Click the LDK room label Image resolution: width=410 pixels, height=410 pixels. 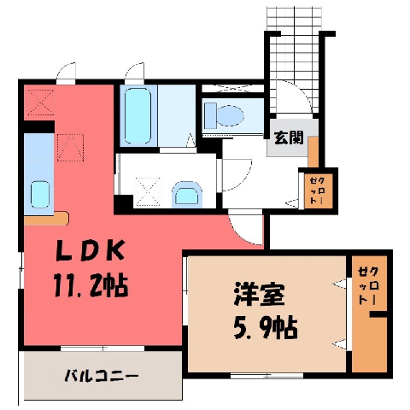pos(91,250)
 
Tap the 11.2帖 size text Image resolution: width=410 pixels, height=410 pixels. pos(91,285)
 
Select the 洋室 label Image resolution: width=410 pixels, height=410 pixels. pos(259,294)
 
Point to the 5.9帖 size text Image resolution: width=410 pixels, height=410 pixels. pos(266,328)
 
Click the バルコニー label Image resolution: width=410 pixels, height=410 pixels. pos(102,377)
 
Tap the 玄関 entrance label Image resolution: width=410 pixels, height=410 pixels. pos(289,138)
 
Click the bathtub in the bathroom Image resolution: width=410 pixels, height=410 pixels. pos(138,115)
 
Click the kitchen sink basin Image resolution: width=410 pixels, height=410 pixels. pos(40,195)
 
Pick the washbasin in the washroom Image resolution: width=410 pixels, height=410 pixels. pos(187,194)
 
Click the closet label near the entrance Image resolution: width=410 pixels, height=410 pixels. pos(318,190)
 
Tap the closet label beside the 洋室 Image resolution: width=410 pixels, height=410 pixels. pos(369,285)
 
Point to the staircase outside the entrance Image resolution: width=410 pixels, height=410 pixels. pos(294,60)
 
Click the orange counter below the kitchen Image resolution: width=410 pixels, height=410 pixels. pos(46,219)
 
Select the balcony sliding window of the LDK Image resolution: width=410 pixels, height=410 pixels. pos(102,348)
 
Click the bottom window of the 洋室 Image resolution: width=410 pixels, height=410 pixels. pos(266,376)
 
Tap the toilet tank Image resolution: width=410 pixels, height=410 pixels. pos(210,116)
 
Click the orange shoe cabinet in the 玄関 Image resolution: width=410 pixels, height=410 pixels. pos(313,152)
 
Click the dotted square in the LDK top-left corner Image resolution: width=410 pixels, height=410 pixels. pos(41,102)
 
